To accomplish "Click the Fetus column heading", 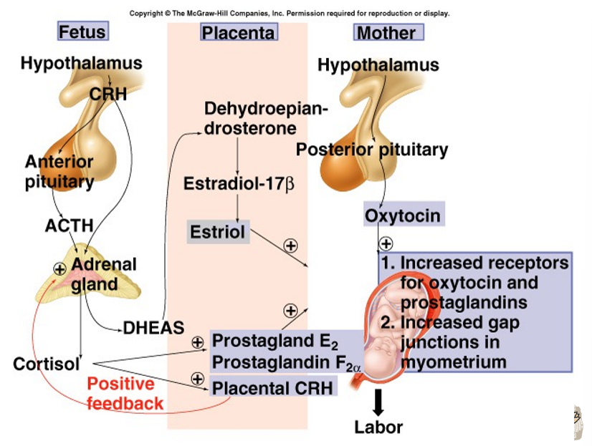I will tap(82, 31).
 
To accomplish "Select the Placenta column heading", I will tap(238, 32).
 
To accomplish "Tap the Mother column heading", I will tap(386, 32).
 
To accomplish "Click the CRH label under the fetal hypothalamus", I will tap(108, 94).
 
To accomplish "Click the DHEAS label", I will tap(153, 329).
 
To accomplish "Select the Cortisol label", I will tap(46, 363).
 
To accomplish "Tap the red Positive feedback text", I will tap(125, 393).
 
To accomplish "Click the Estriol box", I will tap(217, 232).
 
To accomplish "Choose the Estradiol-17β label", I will tap(239, 183).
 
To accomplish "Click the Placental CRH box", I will tap(273, 388).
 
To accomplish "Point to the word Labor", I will tap(378, 427).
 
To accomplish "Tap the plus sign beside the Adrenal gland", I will tap(59, 268).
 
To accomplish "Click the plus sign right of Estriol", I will tap(290, 246).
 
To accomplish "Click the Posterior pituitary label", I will tap(371, 150).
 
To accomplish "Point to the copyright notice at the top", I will tap(290, 13).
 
